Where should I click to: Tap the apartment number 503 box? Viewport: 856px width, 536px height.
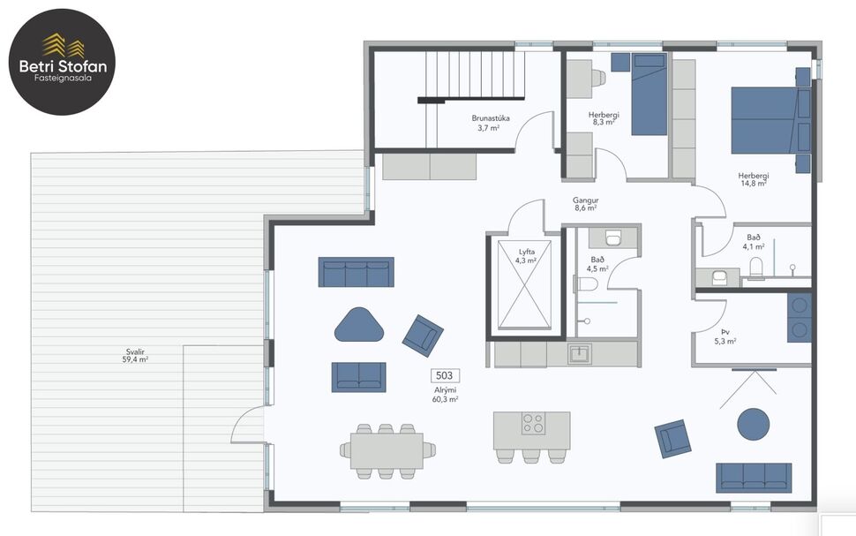pyautogui.click(x=445, y=375)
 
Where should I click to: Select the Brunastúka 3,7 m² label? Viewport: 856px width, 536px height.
pyautogui.click(x=491, y=122)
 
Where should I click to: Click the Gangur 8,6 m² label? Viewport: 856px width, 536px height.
pyautogui.click(x=586, y=204)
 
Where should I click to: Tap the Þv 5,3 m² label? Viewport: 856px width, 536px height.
pyautogui.click(x=725, y=336)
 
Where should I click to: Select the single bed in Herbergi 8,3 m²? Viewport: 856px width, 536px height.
pyautogui.click(x=650, y=95)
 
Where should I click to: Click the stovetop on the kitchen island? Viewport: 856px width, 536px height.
pyautogui.click(x=533, y=423)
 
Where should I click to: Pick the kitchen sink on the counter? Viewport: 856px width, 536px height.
pyautogui.click(x=579, y=354)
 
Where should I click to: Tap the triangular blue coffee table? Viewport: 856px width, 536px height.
pyautogui.click(x=359, y=324)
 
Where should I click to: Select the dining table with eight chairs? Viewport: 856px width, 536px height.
pyautogui.click(x=387, y=449)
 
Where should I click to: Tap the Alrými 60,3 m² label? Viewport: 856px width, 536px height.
pyautogui.click(x=445, y=395)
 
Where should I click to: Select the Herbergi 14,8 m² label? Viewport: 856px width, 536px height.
pyautogui.click(x=753, y=179)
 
